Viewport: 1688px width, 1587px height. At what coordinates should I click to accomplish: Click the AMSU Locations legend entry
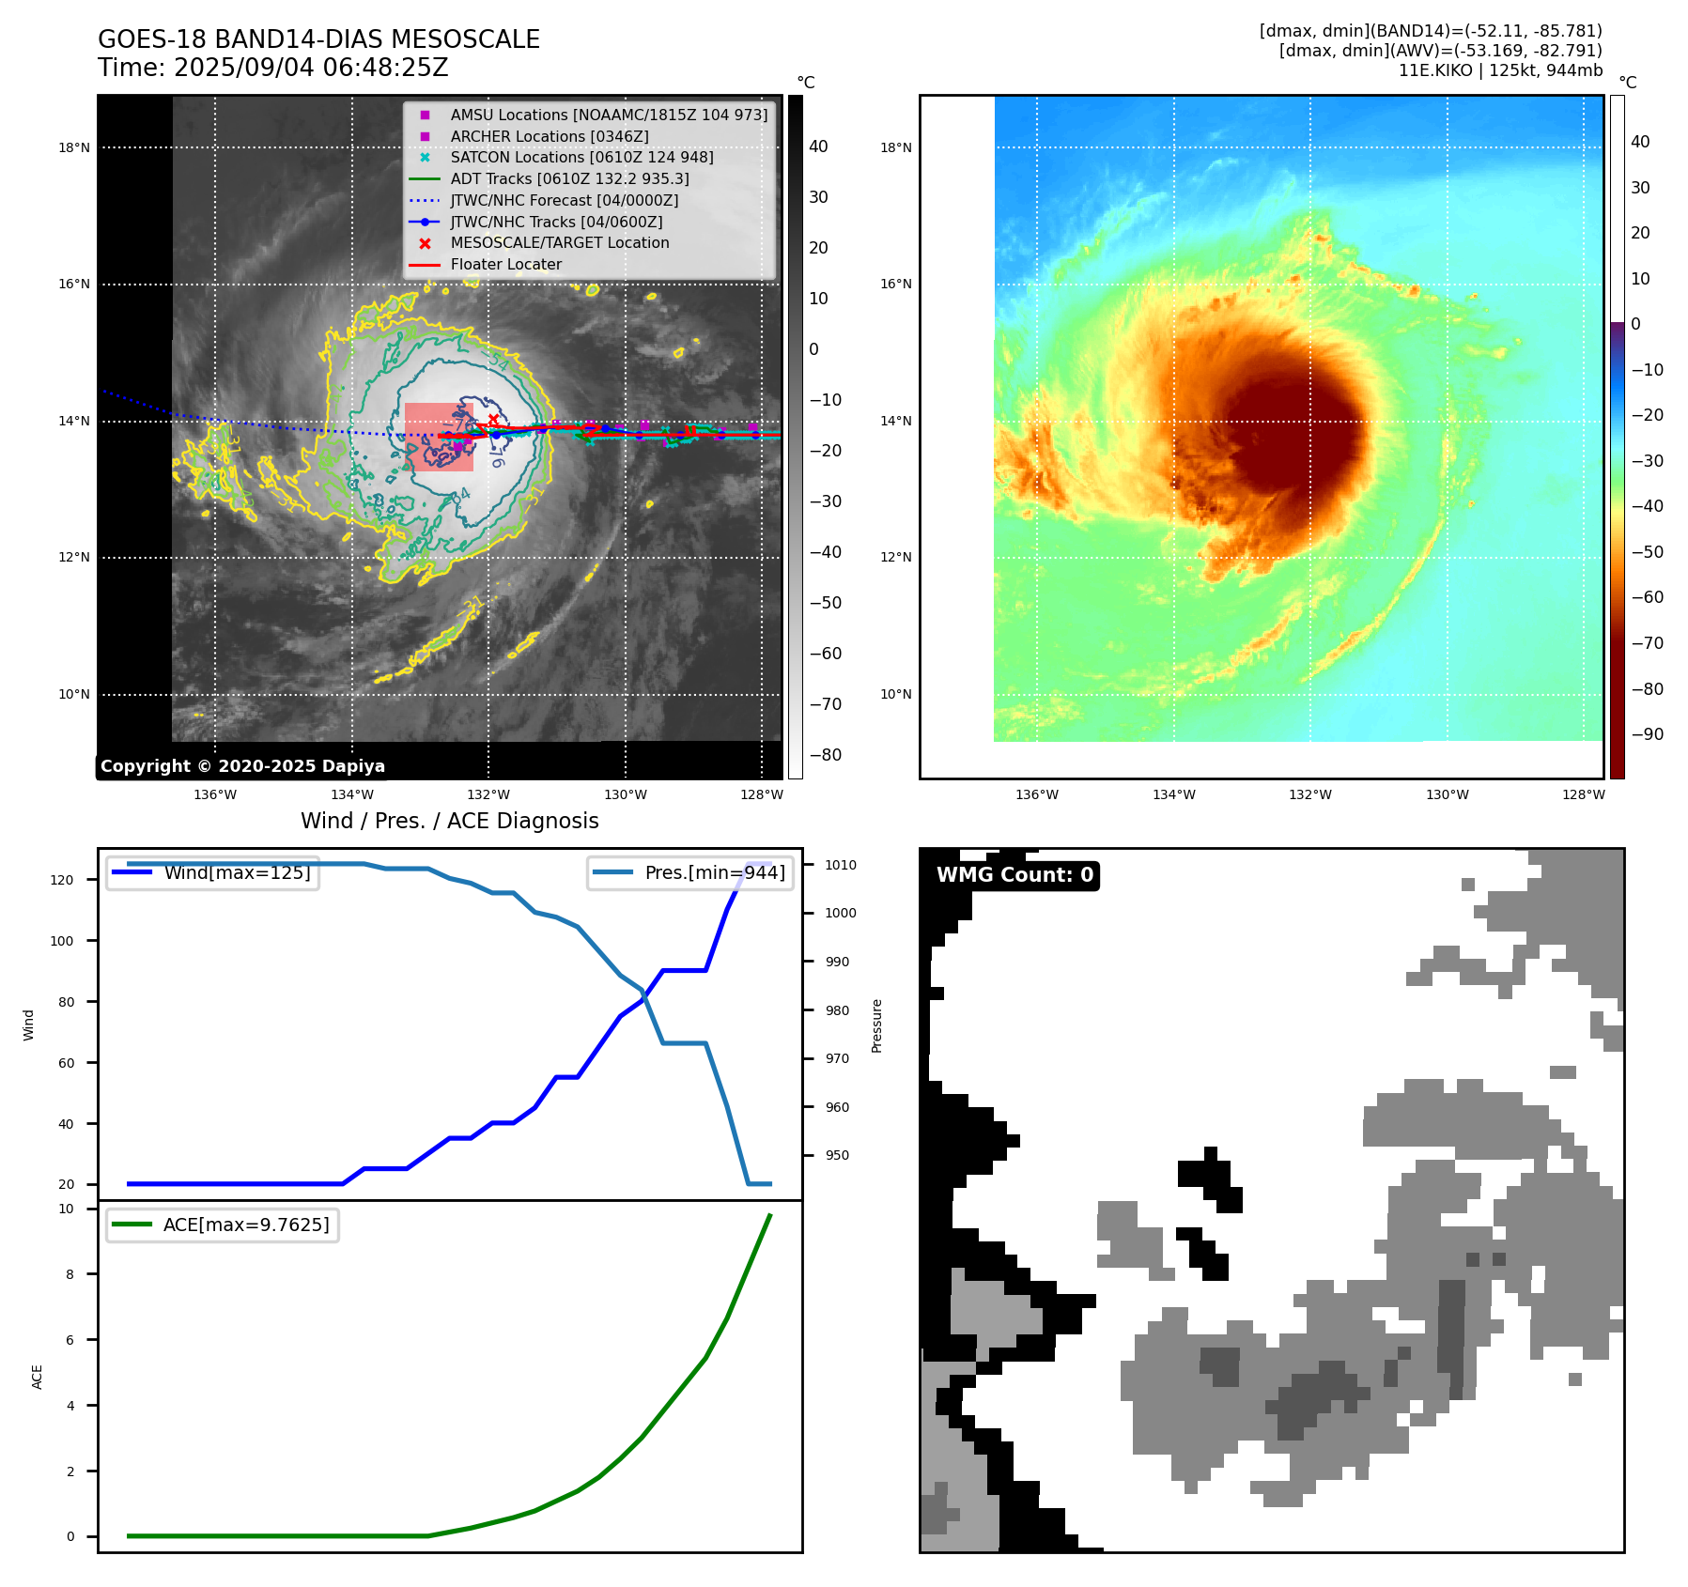(608, 115)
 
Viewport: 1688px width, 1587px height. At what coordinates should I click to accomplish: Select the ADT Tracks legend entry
(569, 178)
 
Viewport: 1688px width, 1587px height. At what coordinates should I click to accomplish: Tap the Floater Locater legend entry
(505, 265)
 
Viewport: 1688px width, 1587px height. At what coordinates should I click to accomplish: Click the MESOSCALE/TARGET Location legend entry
(559, 243)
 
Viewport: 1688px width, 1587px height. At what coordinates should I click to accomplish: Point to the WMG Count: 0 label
(1014, 875)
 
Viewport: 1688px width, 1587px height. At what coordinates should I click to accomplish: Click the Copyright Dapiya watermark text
(242, 766)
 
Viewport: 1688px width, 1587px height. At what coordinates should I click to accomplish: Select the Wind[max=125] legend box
(213, 872)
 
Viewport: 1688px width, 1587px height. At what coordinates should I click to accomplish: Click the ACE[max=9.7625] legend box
(223, 1225)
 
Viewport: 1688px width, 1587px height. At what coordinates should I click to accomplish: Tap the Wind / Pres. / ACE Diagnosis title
(449, 821)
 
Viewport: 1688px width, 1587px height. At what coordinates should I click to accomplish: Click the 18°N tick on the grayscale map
(74, 147)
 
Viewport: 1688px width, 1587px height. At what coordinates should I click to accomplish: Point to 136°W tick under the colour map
(1036, 794)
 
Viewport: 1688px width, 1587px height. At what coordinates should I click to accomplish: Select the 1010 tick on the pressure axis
(840, 865)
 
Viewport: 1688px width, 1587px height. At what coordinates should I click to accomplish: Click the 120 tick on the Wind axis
(62, 880)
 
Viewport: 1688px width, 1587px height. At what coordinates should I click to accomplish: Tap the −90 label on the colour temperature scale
(1647, 734)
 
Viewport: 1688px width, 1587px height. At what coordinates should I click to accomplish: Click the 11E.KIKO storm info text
(1500, 70)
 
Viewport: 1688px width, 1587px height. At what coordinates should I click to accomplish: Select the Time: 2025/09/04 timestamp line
(272, 68)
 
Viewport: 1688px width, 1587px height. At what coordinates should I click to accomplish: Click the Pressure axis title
(877, 1025)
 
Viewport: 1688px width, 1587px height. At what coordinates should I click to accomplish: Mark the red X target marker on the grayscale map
(493, 419)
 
